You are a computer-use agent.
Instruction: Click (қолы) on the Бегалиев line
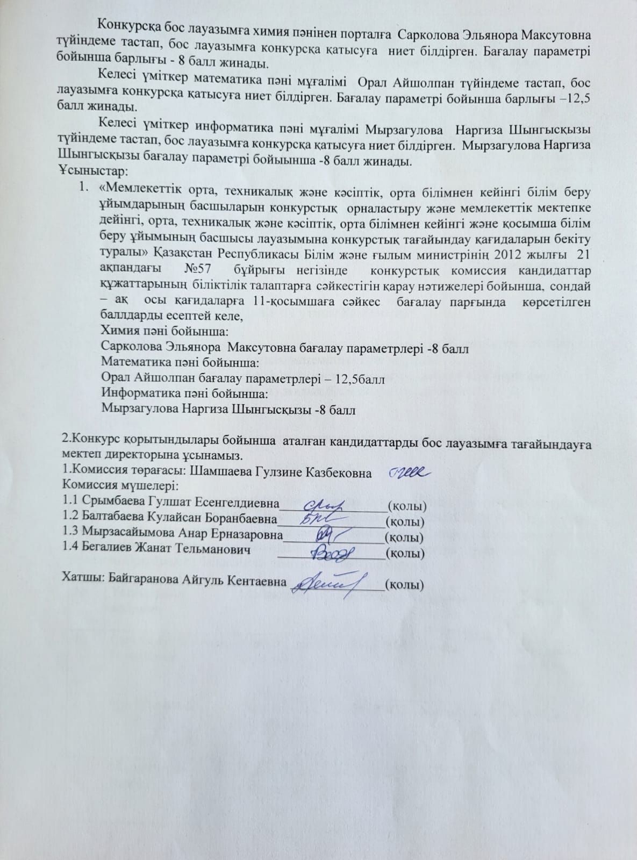[x=406, y=553]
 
